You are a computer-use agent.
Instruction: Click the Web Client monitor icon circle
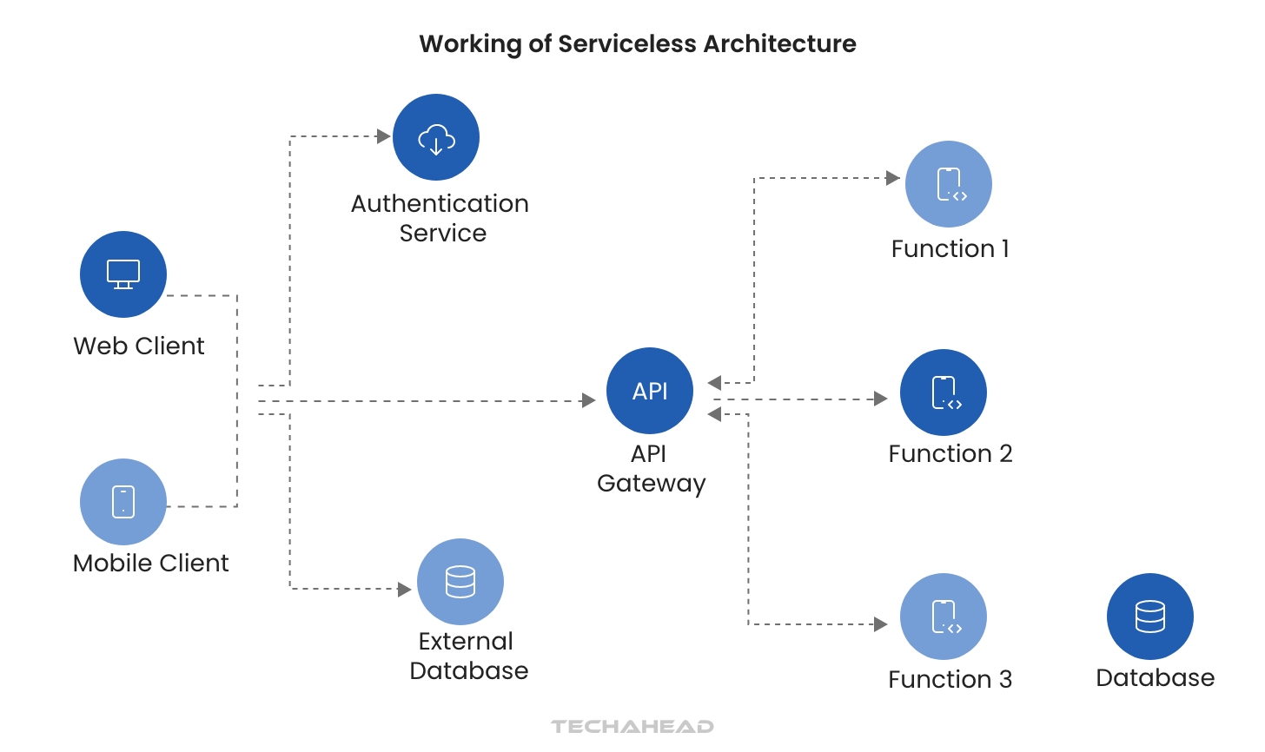pyautogui.click(x=123, y=274)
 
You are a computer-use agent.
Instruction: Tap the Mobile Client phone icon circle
pyautogui.click(x=123, y=502)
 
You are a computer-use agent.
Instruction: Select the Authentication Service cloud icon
pyautogui.click(x=436, y=137)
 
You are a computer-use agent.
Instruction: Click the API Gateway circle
pyautogui.click(x=650, y=391)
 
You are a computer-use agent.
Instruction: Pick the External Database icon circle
pyautogui.click(x=460, y=582)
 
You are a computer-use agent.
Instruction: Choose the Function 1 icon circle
pyautogui.click(x=949, y=184)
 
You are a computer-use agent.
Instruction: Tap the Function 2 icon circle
pyautogui.click(x=944, y=392)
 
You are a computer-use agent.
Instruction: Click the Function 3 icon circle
pyautogui.click(x=944, y=617)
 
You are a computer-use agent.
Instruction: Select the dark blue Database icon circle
pyautogui.click(x=1150, y=617)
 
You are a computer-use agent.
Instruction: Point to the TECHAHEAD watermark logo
pyautogui.click(x=632, y=726)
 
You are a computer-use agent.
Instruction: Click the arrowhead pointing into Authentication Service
pyautogui.click(x=383, y=136)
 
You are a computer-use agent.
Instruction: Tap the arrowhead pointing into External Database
pyautogui.click(x=404, y=590)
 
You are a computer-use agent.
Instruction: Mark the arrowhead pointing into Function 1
pyautogui.click(x=892, y=178)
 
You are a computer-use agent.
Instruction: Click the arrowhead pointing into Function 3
pyautogui.click(x=880, y=624)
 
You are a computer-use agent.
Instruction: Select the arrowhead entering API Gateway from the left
pyautogui.click(x=588, y=400)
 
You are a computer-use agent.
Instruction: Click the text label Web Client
pyautogui.click(x=139, y=346)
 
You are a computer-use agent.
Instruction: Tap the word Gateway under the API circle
pyautogui.click(x=651, y=483)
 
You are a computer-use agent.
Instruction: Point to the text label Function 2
pyautogui.click(x=950, y=453)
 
